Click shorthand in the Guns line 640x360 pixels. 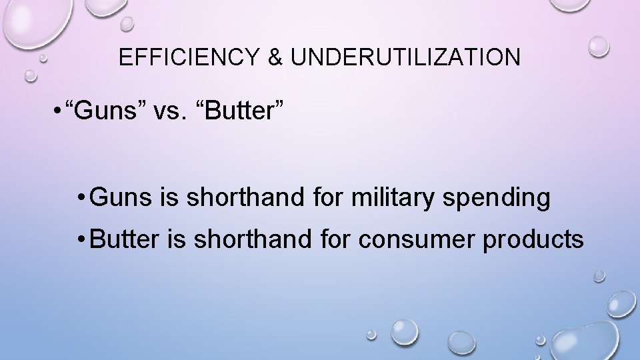(225, 198)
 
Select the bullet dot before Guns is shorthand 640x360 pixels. (80, 199)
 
